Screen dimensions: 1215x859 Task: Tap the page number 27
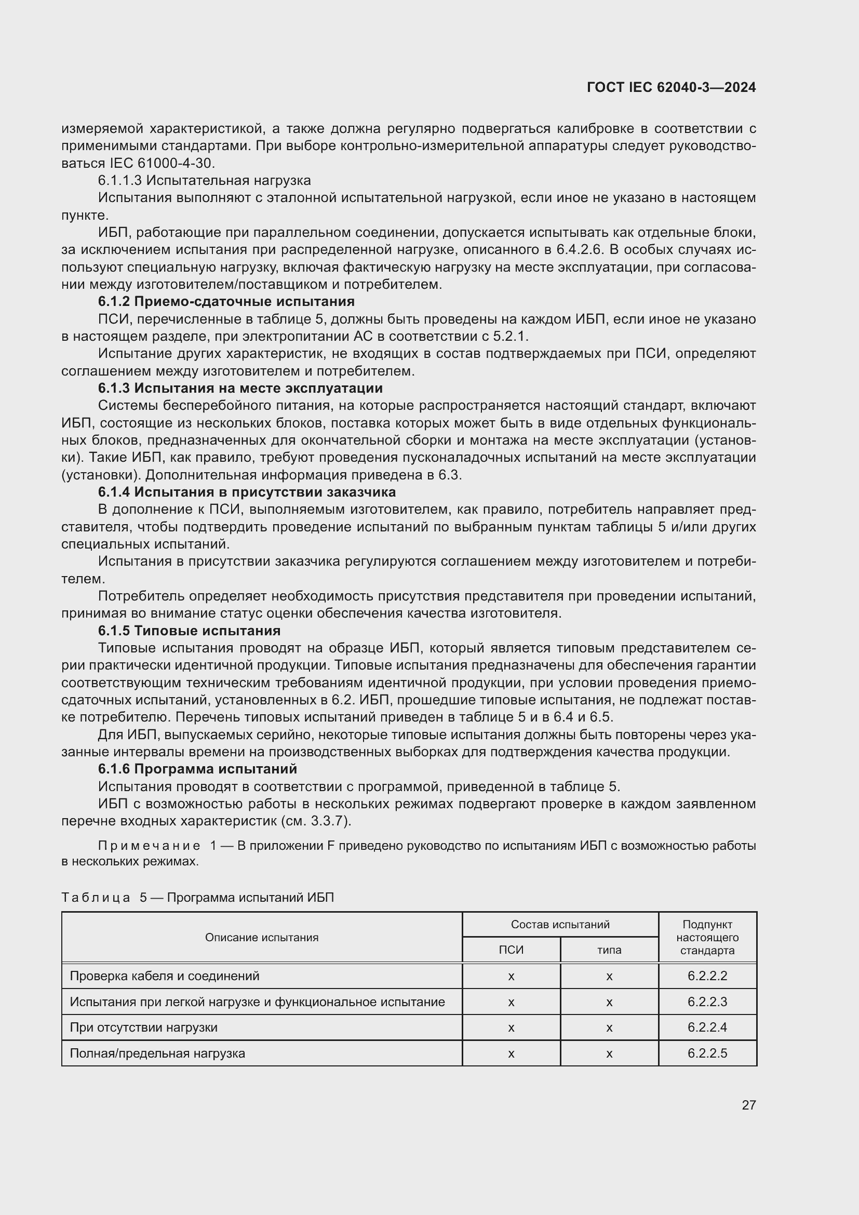(x=748, y=1105)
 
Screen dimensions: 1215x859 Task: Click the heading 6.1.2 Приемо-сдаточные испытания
(x=226, y=302)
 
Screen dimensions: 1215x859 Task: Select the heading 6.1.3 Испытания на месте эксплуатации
(x=240, y=389)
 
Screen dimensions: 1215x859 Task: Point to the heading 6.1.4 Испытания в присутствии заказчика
(x=247, y=492)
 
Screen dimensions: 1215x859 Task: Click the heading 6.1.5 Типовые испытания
(x=189, y=631)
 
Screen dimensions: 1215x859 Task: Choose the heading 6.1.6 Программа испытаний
(x=197, y=769)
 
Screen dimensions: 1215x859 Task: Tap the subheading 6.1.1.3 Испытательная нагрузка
(x=204, y=180)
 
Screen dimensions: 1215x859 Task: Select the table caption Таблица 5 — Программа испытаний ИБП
(x=197, y=898)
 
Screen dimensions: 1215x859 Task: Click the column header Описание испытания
(x=262, y=938)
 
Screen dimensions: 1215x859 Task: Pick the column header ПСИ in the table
(x=511, y=950)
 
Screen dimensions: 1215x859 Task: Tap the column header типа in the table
(x=609, y=950)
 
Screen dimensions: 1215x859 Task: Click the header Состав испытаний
(x=560, y=925)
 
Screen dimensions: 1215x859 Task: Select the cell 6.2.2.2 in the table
(x=707, y=976)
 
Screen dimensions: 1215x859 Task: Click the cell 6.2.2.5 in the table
(x=707, y=1053)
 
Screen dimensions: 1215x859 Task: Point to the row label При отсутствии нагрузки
(x=143, y=1027)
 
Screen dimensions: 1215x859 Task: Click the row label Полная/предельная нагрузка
(x=157, y=1053)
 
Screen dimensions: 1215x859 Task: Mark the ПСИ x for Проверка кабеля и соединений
(x=511, y=977)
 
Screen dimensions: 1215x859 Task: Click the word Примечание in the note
(x=149, y=846)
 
